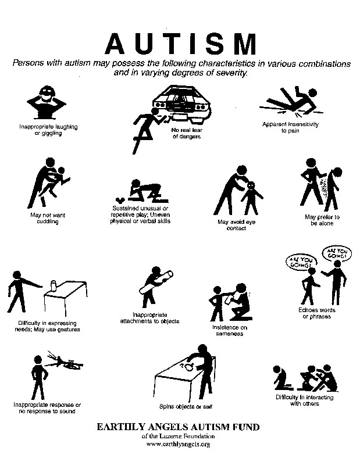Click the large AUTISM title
click(180, 44)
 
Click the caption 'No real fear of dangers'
click(187, 133)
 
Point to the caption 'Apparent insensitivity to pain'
click(290, 127)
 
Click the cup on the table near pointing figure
click(54, 286)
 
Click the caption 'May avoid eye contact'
click(236, 225)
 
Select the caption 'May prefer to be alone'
click(322, 220)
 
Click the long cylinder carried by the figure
click(156, 281)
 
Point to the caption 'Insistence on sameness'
click(230, 330)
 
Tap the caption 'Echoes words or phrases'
click(316, 313)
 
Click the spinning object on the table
click(189, 367)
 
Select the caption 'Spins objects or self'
click(186, 406)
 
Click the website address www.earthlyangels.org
click(178, 444)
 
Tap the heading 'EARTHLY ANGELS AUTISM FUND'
click(178, 427)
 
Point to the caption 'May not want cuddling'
click(48, 219)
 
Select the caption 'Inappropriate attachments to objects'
click(149, 318)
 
